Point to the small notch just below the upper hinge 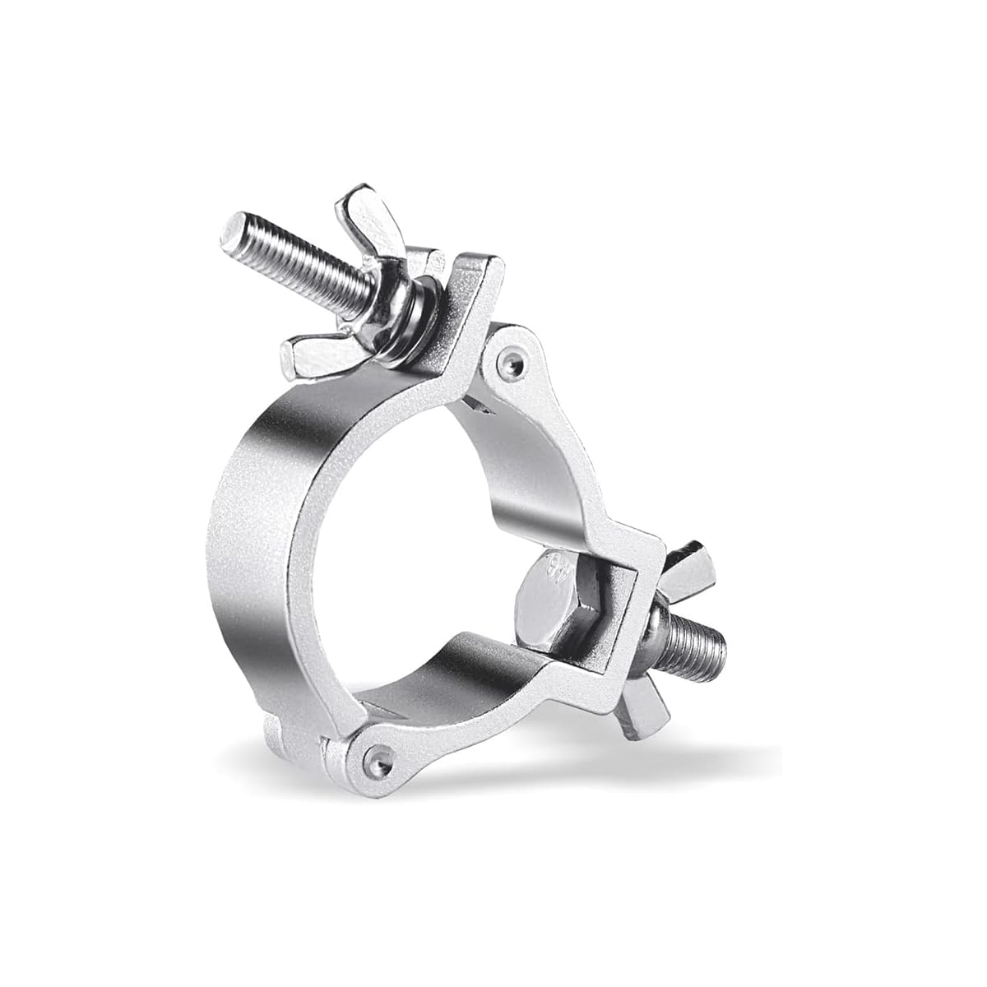pyautogui.click(x=481, y=405)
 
